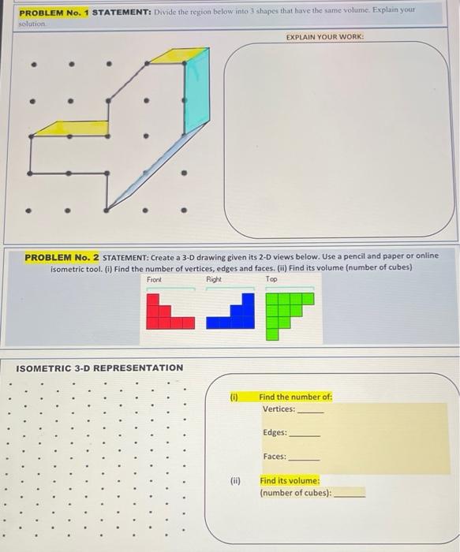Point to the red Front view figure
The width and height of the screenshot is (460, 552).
pos(168,311)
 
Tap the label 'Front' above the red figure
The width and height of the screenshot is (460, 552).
pos(154,280)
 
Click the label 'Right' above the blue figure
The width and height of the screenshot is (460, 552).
pos(214,280)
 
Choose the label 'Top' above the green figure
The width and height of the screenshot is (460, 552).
pos(271,280)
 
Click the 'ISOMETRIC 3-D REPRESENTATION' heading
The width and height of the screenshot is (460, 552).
pos(99,368)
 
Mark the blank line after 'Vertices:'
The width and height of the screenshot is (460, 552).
pos(310,411)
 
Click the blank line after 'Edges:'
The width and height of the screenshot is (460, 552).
pos(305,435)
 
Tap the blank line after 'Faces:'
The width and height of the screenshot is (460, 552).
pos(304,458)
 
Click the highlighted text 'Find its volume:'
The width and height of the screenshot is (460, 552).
pos(290,480)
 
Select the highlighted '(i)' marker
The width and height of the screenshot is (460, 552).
pos(234,397)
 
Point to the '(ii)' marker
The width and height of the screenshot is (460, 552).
pos(235,480)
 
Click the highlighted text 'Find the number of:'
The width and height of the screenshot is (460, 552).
pos(295,397)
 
